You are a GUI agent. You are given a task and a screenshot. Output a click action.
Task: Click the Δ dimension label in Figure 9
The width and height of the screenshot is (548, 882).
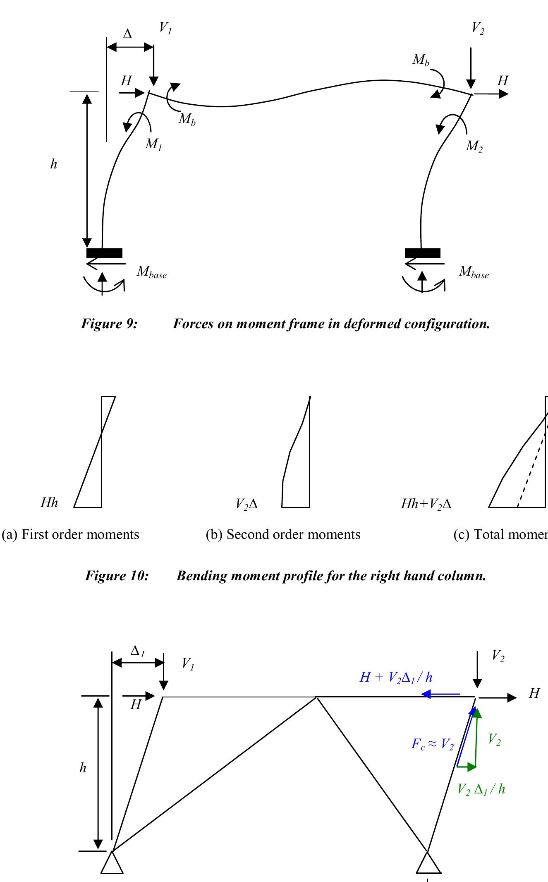127,34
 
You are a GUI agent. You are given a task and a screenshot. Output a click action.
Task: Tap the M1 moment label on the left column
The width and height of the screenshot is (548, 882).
153,144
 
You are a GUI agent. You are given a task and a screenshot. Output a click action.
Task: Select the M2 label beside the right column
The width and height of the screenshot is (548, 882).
474,147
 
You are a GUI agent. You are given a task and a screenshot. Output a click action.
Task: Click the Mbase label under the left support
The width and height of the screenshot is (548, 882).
152,272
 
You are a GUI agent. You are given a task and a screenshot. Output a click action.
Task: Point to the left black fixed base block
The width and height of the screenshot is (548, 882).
104,253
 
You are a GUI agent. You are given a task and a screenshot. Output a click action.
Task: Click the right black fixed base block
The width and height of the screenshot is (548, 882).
422,253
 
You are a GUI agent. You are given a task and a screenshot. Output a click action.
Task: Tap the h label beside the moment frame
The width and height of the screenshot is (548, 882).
53,164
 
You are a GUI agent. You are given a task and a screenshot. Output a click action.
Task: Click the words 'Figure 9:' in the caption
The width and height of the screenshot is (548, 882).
109,324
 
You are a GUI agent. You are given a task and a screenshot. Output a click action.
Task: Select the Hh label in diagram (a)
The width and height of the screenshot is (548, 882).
49,503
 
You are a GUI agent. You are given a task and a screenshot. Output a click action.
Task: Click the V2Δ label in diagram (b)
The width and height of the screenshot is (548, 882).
246,504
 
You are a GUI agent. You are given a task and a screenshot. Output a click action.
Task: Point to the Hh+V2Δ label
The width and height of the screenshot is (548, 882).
426,504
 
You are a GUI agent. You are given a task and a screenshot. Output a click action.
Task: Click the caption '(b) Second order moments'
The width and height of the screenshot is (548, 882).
283,534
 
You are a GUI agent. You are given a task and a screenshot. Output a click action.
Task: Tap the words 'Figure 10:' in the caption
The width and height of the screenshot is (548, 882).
117,576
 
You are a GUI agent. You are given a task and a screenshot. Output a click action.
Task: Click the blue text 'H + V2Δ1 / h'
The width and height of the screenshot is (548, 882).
396,678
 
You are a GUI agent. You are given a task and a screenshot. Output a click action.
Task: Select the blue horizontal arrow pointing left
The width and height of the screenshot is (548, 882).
441,694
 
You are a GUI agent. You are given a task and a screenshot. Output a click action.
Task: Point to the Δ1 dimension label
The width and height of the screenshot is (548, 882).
137,651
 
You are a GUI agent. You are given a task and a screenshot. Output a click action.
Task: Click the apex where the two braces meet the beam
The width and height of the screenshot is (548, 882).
316,697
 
